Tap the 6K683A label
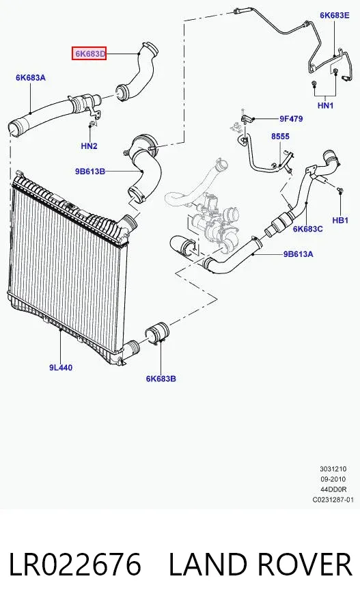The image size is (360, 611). coord(31,77)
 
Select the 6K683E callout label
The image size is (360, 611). coord(335,15)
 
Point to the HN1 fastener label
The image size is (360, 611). coord(325,105)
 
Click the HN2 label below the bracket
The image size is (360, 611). coord(89,146)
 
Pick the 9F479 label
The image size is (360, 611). coord(291,119)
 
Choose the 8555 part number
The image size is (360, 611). coord(281,137)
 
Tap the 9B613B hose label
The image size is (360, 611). coord(90,171)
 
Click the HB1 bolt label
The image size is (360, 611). coord(340,220)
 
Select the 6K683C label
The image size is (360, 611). coord(308,229)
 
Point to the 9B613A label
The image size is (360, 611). coord(298,254)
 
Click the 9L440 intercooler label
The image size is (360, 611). coord(61,367)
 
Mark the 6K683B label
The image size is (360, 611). coord(161,379)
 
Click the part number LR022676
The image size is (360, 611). coord(74,564)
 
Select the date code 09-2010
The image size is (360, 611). coord(333,479)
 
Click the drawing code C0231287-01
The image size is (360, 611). coord(333,500)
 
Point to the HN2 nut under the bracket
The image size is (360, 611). coord(91,124)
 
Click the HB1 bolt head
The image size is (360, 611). coord(340,190)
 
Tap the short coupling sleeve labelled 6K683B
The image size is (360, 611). coord(156,334)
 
